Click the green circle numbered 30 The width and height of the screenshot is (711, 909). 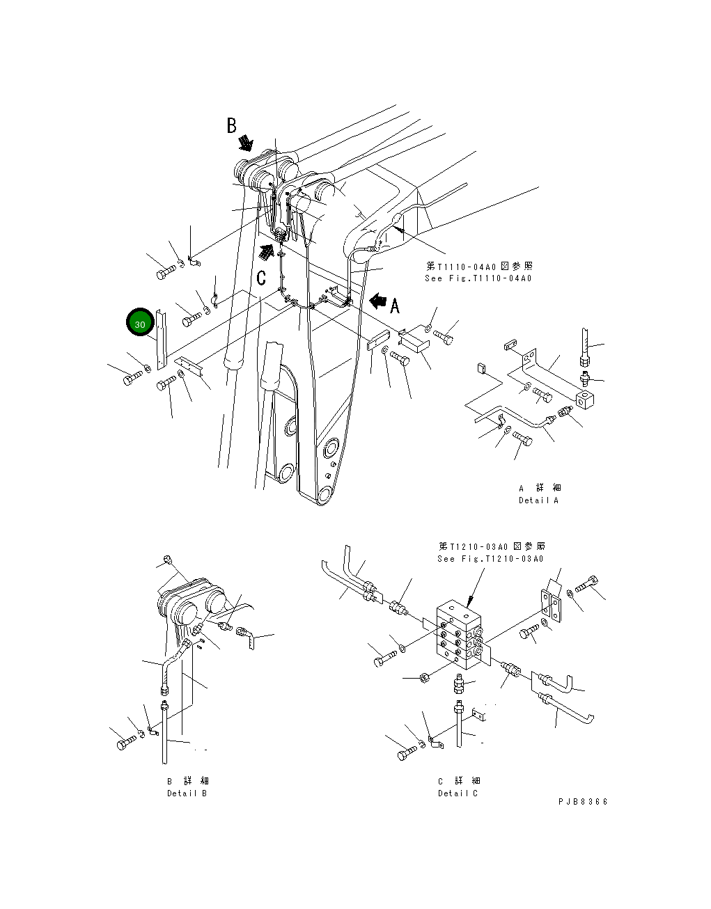(x=140, y=324)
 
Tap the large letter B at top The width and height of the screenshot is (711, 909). (x=231, y=126)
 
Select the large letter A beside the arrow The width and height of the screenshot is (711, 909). (x=395, y=306)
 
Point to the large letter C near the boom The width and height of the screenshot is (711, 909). (x=261, y=278)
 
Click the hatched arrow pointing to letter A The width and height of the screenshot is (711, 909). (x=377, y=301)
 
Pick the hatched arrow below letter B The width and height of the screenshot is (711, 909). (x=245, y=143)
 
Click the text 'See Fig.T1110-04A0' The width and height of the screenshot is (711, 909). (x=478, y=278)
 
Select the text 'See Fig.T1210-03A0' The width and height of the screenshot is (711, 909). (x=490, y=559)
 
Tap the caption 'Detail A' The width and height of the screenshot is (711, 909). (x=538, y=500)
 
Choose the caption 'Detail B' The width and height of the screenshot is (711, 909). (x=187, y=793)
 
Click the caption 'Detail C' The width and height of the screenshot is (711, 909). (x=458, y=793)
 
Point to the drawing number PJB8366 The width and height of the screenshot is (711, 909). (x=583, y=802)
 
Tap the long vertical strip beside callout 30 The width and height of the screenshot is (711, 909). (x=162, y=339)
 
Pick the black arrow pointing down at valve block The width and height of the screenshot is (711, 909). (x=473, y=596)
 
